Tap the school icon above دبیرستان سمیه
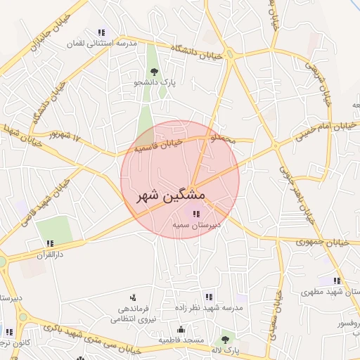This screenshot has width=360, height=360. click(x=195, y=214)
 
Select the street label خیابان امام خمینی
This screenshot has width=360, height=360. click(x=316, y=128)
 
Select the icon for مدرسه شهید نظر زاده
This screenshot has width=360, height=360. click(x=208, y=297)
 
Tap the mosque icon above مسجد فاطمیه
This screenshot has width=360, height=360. click(x=181, y=330)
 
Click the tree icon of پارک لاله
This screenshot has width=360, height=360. click(x=225, y=340)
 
